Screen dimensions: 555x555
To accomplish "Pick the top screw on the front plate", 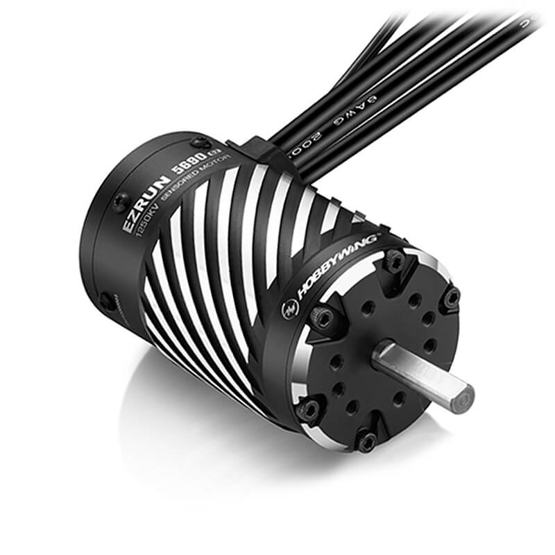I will (x=394, y=262).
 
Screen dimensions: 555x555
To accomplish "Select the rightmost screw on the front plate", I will (x=451, y=298).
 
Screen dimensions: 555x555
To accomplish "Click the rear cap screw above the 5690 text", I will (x=202, y=143).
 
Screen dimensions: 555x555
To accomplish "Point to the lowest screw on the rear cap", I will (x=108, y=302).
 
